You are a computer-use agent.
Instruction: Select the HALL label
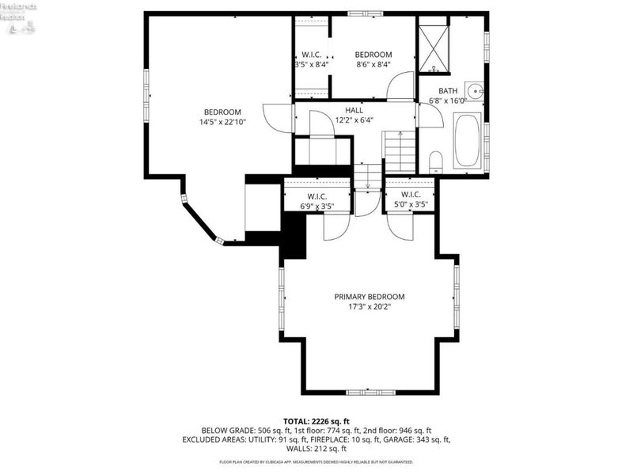354,110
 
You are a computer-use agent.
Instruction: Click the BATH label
448,91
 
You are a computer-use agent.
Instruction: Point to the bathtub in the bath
467,141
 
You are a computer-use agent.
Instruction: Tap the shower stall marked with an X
434,49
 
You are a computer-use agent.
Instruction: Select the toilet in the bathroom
435,163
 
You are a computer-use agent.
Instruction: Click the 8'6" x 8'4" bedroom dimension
373,65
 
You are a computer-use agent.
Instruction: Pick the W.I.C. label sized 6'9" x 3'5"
316,206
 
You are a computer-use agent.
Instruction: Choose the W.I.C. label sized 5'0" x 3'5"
411,206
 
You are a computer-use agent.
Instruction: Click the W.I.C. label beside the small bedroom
310,55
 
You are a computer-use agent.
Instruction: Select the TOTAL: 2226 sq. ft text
316,420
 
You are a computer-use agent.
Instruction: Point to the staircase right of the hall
400,152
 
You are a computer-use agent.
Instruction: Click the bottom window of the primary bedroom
370,392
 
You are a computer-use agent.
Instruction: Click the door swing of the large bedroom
277,119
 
